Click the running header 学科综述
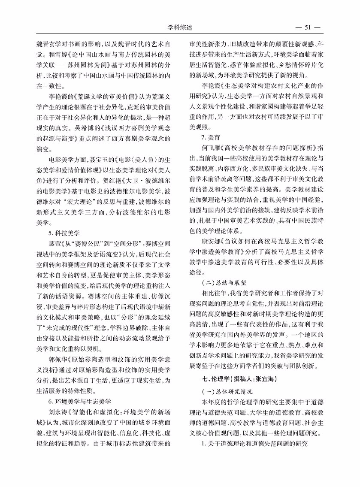click(x=180, y=27)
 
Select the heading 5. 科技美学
click(x=64, y=233)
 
